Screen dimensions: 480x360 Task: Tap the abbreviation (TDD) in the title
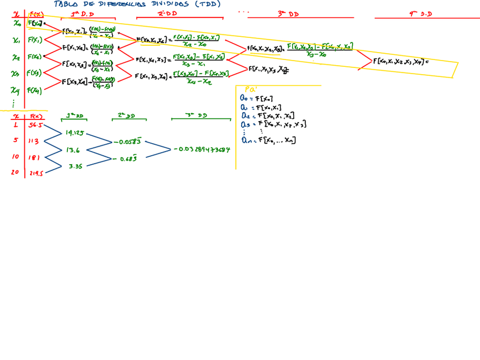point(207,4)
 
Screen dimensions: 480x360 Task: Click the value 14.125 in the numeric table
point(74,134)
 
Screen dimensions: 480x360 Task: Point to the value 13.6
point(72,151)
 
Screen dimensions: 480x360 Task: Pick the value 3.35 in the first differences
point(76,166)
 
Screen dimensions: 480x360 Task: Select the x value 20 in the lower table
point(15,173)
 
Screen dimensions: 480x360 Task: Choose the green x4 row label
point(15,91)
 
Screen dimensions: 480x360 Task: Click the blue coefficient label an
point(244,140)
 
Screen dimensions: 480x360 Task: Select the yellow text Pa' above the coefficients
point(250,89)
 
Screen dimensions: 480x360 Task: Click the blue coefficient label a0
point(243,98)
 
